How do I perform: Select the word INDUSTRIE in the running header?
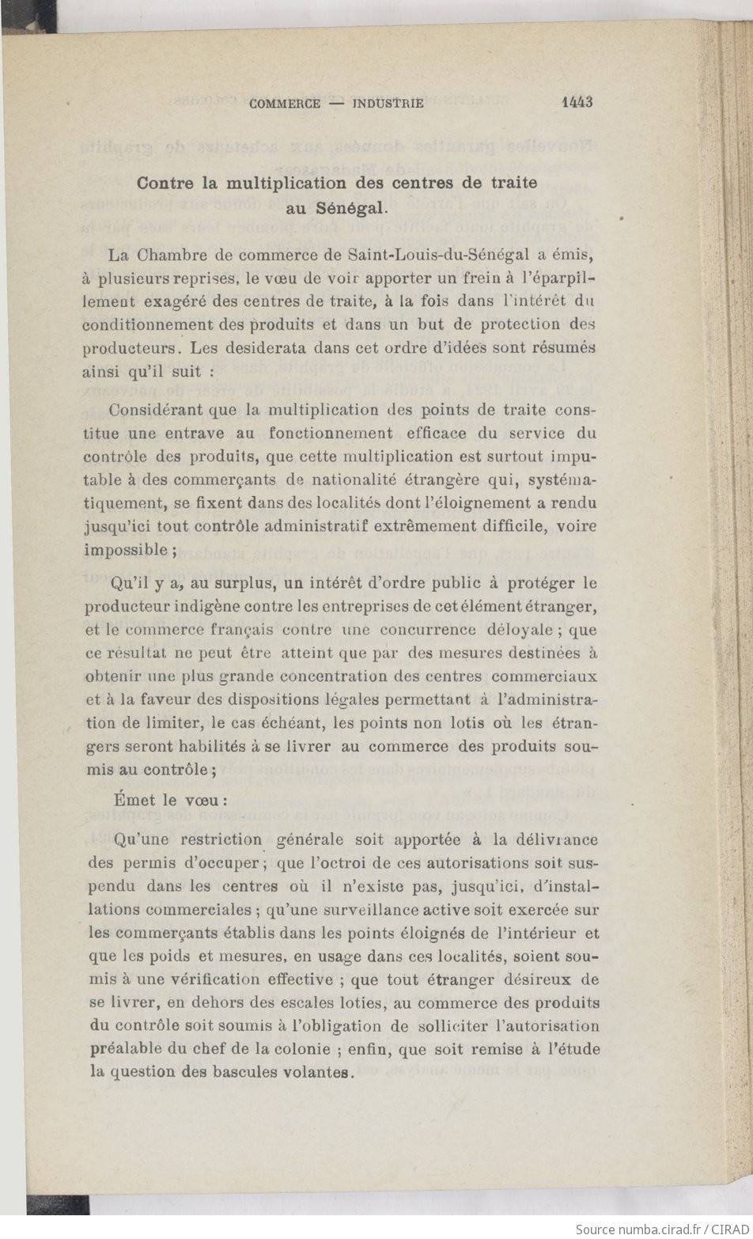point(388,104)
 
